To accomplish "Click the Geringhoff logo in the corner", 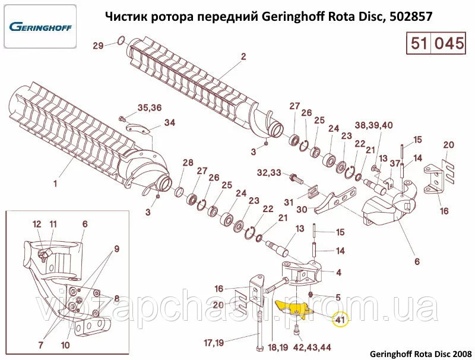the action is pyautogui.click(x=40, y=27).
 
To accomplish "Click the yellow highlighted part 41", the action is pyautogui.click(x=293, y=308).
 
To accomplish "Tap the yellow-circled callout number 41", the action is pyautogui.click(x=340, y=320).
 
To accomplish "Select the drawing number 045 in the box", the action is pyautogui.click(x=449, y=43).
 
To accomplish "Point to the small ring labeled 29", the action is pyautogui.click(x=121, y=40).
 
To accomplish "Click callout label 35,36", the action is pyautogui.click(x=150, y=108).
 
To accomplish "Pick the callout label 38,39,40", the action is pyautogui.click(x=373, y=125).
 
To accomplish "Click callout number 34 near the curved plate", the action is pyautogui.click(x=170, y=123).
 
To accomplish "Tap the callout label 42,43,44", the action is pyautogui.click(x=312, y=347).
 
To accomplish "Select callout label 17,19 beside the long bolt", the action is pyautogui.click(x=214, y=343).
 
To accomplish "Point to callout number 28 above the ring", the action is pyautogui.click(x=188, y=163).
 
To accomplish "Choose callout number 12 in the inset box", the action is pyautogui.click(x=37, y=224).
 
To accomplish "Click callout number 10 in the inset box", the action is pyautogui.click(x=65, y=345).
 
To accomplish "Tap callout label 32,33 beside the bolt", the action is pyautogui.click(x=269, y=172).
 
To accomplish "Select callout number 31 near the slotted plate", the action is pyautogui.click(x=289, y=202).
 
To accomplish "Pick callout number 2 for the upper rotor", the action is pyautogui.click(x=243, y=56).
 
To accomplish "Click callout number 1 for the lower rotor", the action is pyautogui.click(x=55, y=184).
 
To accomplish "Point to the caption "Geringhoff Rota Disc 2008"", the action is pyautogui.click(x=421, y=353).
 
